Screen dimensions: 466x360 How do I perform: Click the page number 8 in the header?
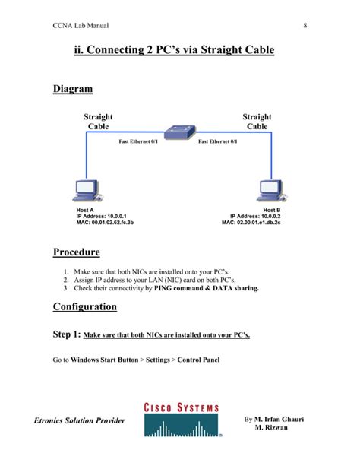305,26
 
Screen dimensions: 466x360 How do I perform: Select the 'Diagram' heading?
73,90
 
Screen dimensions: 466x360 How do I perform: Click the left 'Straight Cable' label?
98,122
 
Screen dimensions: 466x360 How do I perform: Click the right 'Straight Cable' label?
257,122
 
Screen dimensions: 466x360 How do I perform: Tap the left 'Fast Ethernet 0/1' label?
138,141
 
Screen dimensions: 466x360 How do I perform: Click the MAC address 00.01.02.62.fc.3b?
105,223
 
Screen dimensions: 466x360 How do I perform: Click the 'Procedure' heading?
76,252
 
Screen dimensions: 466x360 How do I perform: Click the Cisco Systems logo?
181,430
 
